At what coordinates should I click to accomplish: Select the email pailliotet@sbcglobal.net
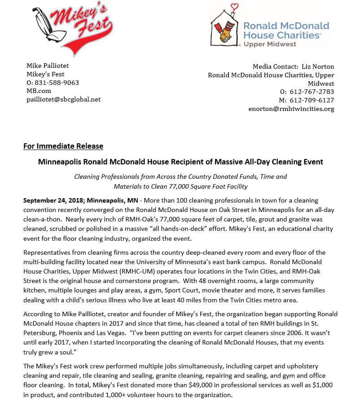(64, 99)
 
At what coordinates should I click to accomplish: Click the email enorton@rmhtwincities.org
(291, 109)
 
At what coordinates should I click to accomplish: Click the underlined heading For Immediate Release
(63, 146)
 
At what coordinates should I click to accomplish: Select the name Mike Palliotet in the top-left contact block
(48, 66)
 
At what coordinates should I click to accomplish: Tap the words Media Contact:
(275, 66)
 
